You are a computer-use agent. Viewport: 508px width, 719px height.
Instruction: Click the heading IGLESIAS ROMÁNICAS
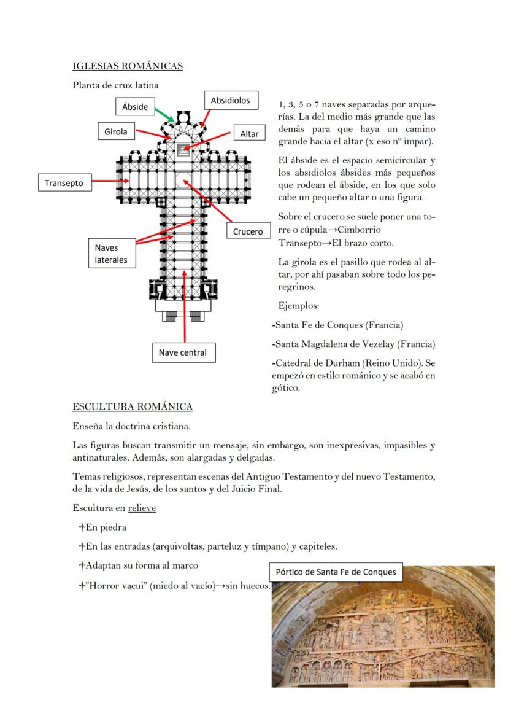click(x=128, y=66)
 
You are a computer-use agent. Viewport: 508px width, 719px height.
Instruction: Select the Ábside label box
click(x=135, y=106)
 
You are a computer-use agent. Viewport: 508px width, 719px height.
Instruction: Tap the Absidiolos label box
click(x=230, y=100)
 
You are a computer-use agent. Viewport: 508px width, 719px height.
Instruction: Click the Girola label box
click(x=116, y=131)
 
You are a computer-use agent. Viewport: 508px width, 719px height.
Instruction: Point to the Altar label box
click(x=249, y=134)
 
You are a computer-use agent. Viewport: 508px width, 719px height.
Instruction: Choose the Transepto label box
click(x=64, y=182)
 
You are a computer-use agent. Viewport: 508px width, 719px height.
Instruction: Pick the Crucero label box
click(x=248, y=231)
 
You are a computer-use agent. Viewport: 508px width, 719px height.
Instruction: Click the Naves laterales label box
click(x=111, y=254)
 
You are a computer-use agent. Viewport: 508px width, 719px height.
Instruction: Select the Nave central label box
click(x=183, y=352)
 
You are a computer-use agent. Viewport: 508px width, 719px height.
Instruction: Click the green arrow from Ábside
click(x=163, y=114)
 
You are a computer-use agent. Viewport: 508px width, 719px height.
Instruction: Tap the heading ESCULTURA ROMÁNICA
click(x=133, y=406)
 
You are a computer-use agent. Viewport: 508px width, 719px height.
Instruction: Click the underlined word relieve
click(x=142, y=508)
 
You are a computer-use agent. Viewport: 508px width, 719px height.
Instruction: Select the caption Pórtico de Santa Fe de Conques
click(x=336, y=572)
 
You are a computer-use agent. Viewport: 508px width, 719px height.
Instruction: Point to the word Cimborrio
click(x=358, y=229)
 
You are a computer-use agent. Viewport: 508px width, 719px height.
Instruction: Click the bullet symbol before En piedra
click(x=82, y=527)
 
